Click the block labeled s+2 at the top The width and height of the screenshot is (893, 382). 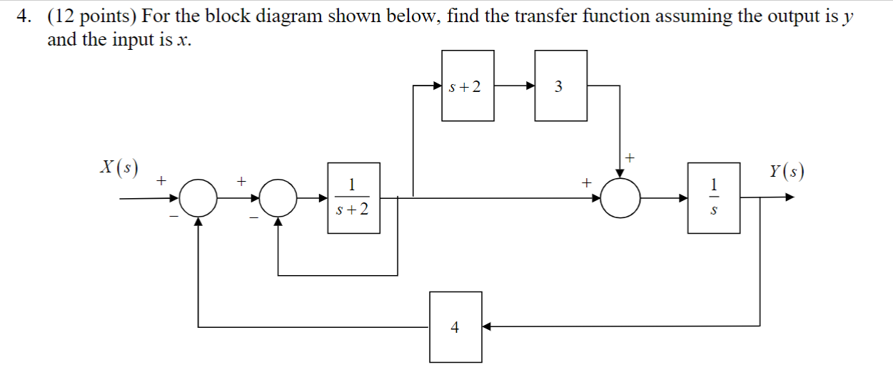(468, 86)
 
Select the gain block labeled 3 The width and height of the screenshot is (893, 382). (561, 86)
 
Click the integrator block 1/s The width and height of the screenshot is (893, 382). (713, 197)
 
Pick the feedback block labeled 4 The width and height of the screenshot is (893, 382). (455, 326)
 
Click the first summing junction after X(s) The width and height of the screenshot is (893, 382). (198, 197)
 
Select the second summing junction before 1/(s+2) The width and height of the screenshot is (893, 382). (278, 197)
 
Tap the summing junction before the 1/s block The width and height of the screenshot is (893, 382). (620, 197)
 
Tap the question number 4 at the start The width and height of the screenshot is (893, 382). (23, 16)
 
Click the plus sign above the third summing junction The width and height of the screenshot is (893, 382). (630, 155)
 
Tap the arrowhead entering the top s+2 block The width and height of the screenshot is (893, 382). (437, 86)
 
